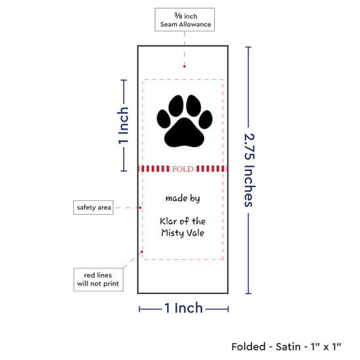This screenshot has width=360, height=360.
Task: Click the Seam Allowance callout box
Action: click(185, 20)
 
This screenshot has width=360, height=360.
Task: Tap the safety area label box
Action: click(93, 207)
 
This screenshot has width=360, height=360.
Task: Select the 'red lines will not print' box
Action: click(98, 279)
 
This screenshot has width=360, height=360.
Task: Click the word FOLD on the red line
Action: click(183, 169)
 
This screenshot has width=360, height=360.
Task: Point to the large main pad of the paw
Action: click(184, 133)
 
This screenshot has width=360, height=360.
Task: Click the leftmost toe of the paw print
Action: click(164, 119)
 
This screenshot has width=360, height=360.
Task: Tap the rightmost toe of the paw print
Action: click(206, 119)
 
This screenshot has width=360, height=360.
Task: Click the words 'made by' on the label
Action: click(183, 198)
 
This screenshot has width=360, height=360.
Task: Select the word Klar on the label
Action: click(168, 221)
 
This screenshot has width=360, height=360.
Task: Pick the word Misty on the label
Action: click(172, 233)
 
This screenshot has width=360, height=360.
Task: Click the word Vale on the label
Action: click(195, 232)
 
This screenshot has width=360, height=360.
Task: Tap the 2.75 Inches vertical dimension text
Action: click(249, 170)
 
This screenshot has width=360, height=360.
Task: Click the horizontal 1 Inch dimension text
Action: click(184, 308)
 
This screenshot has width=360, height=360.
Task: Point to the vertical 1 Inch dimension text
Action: click(123, 126)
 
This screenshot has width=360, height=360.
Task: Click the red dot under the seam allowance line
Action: click(185, 67)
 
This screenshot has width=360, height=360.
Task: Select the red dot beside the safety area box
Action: click(140, 207)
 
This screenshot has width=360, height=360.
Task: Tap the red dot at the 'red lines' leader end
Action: click(142, 252)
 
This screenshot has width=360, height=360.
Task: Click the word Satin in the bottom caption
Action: click(288, 347)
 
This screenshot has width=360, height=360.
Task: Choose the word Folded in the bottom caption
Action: click(249, 347)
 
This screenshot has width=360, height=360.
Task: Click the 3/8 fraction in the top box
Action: click(179, 16)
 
